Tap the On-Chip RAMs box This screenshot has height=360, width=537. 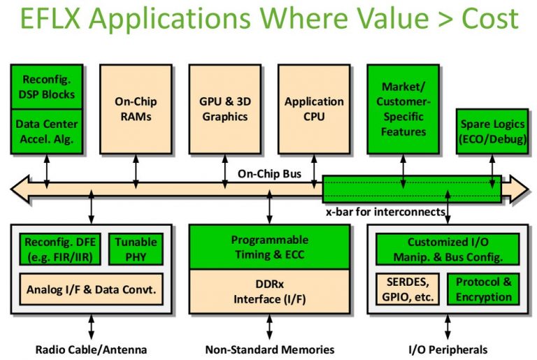point(136,108)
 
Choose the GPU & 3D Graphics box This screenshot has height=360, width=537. point(225,108)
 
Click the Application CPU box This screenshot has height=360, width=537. point(314,108)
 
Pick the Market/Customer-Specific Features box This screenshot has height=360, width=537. point(403,108)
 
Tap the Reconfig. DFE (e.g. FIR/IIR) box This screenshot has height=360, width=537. point(62,250)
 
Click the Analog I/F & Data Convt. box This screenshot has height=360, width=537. point(91,289)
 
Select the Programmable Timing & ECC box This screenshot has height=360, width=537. point(269,247)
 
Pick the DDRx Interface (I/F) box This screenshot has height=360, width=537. point(269,292)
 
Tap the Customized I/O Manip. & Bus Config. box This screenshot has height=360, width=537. point(448,249)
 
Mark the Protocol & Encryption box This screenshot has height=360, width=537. point(484,289)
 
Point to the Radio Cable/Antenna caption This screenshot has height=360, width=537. point(91,349)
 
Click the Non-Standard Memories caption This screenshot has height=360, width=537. point(270,349)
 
